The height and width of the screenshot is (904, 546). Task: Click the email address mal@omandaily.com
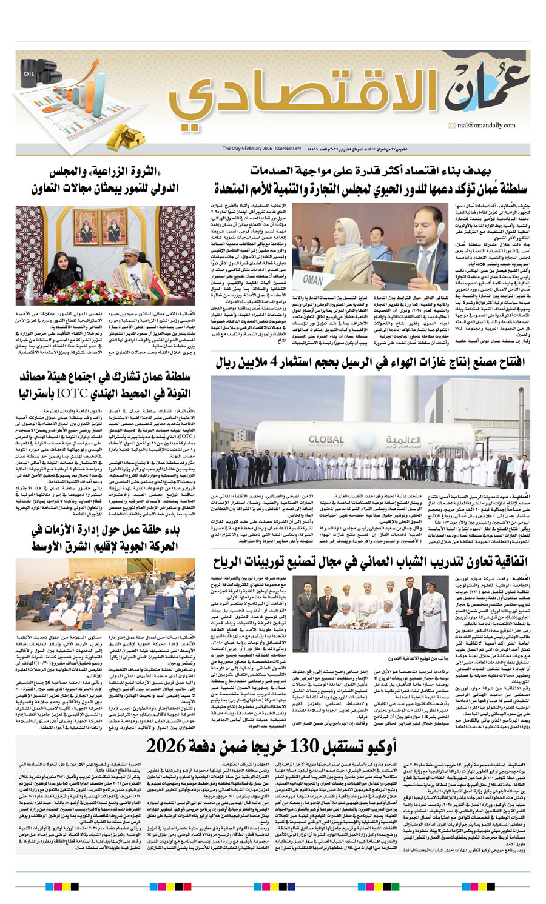tap(486, 125)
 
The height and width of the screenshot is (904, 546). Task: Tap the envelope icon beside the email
tap(452, 126)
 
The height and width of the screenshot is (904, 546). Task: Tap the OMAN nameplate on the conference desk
tap(313, 280)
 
